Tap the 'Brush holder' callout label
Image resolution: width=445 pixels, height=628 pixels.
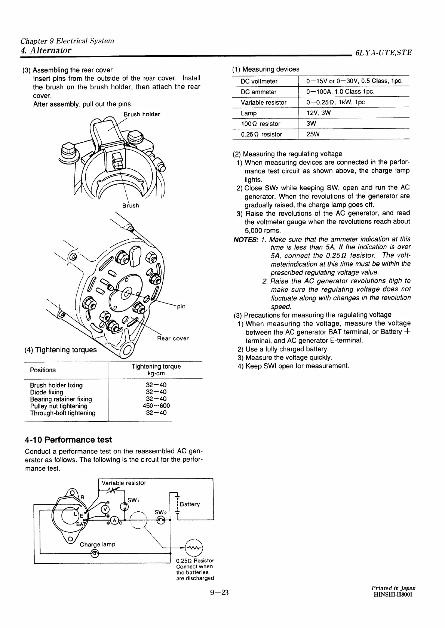[142, 114]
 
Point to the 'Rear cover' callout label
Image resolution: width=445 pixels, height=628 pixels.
[173, 338]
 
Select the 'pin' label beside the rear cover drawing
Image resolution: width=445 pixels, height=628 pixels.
[181, 307]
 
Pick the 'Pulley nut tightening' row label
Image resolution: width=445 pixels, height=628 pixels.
[58, 406]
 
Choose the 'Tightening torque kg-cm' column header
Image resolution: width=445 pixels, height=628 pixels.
[156, 370]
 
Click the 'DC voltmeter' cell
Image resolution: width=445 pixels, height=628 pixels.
[259, 81]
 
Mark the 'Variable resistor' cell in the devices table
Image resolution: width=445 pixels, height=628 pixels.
[264, 102]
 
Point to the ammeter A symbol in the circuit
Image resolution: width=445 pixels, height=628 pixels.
[115, 520]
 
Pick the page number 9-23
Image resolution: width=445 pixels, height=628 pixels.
[219, 593]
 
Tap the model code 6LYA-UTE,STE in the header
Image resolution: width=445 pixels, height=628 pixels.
[383, 53]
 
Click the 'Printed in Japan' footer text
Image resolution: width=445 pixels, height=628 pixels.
[392, 588]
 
